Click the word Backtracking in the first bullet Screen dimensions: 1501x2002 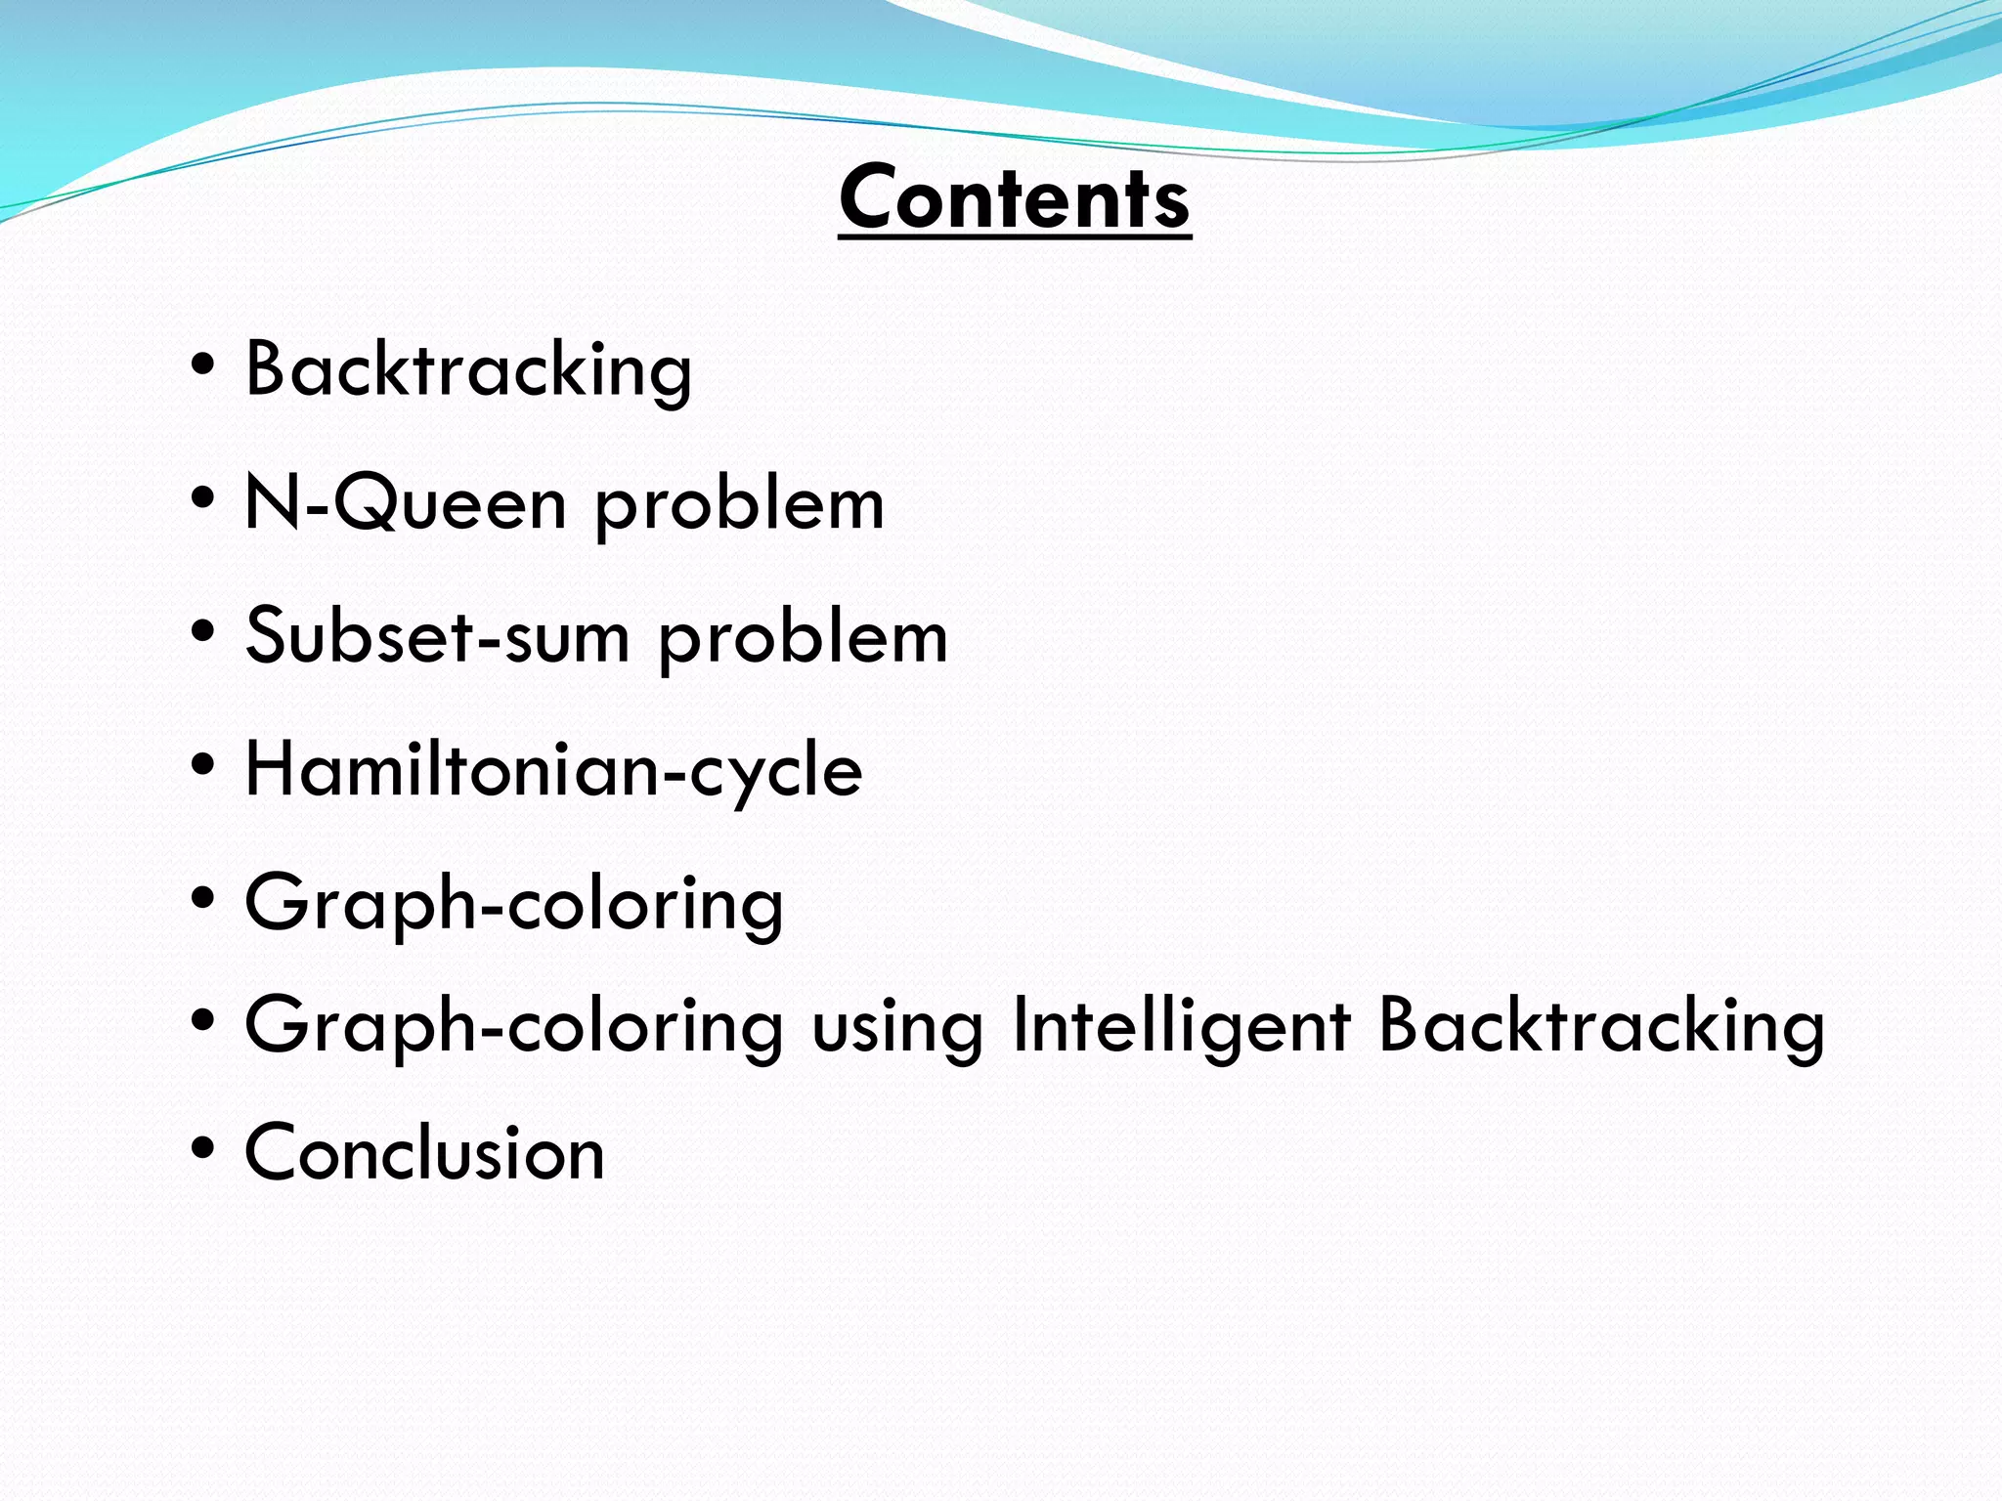468,370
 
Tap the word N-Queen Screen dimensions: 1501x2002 405,503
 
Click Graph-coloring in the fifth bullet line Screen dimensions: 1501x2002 514,904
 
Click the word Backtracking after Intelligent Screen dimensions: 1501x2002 1601,1026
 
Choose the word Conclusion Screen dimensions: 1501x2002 424,1152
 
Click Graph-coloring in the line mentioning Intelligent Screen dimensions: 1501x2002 514,1026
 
